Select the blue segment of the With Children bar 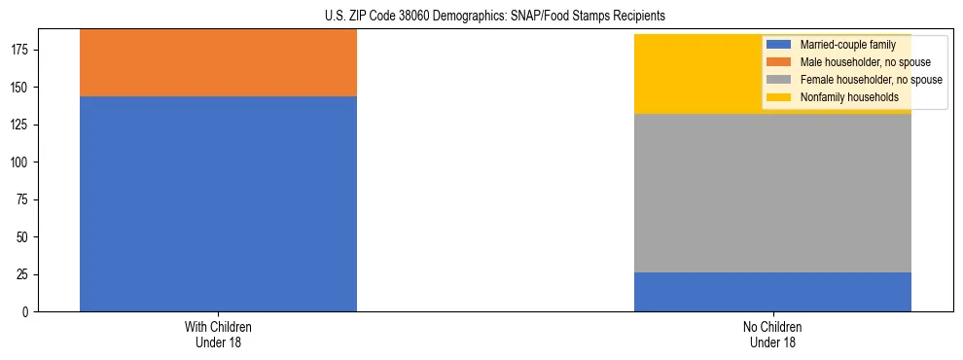[x=218, y=204]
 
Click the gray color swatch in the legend [x=779, y=80]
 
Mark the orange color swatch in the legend [x=779, y=62]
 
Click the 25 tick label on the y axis [x=23, y=274]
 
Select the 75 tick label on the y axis [x=23, y=199]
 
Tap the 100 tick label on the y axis [x=20, y=162]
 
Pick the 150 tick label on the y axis [x=20, y=88]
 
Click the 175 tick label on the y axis [x=20, y=50]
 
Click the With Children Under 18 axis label [x=218, y=334]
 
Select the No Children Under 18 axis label [x=772, y=334]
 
